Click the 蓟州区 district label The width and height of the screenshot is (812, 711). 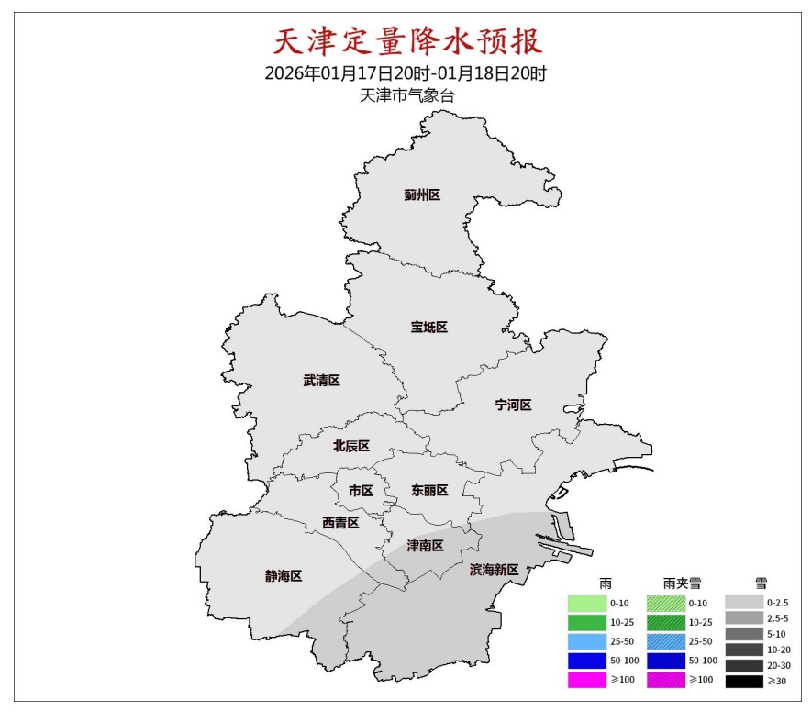(422, 194)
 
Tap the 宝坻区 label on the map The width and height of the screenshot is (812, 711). (428, 328)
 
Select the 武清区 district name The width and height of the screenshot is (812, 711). (321, 381)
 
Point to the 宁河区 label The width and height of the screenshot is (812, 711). (513, 405)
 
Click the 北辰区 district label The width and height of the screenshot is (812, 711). (350, 446)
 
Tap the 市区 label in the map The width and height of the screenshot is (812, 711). (361, 491)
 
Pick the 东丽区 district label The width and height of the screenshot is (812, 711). (429, 491)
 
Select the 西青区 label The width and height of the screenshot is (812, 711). (339, 522)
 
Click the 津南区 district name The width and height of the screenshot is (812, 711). (425, 546)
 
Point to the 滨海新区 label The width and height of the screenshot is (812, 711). (494, 570)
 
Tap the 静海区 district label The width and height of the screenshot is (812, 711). (284, 576)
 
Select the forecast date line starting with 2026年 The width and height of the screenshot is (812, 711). (406, 73)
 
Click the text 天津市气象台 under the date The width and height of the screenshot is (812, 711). (406, 95)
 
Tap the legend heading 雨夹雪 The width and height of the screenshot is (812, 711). (682, 583)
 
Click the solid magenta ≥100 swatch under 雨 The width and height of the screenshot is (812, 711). (585, 681)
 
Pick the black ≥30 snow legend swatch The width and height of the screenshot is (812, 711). (744, 681)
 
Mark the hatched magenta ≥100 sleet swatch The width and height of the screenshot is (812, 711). (665, 681)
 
